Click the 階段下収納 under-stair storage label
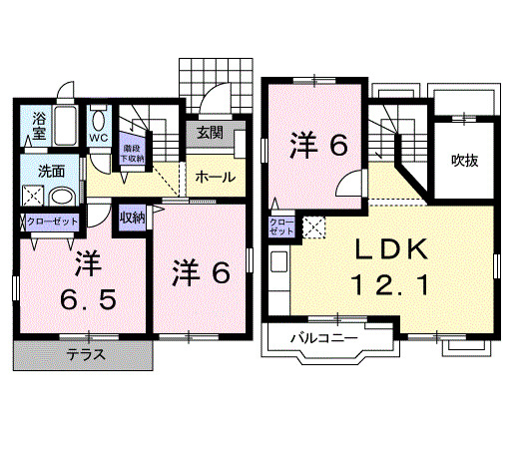pyautogui.click(x=132, y=151)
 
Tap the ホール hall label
pyautogui.click(x=215, y=177)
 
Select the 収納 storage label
pyautogui.click(x=132, y=217)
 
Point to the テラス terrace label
pyautogui.click(x=88, y=354)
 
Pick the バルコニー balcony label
pyautogui.click(x=323, y=339)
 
